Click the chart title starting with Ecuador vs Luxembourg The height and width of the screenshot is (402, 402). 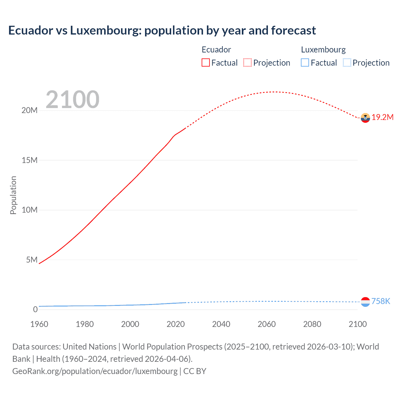coord(162,30)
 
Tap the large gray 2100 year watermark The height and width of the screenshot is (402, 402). coord(73,100)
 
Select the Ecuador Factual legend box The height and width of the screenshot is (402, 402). coord(206,62)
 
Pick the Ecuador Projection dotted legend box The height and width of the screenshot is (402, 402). coord(247,62)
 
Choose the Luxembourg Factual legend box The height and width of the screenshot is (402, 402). coord(305,62)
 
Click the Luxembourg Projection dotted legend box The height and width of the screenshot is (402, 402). coord(347,62)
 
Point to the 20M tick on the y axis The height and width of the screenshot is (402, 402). coord(30,110)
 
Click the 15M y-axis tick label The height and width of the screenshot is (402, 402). coord(30,160)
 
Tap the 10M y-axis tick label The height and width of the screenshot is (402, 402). coord(30,210)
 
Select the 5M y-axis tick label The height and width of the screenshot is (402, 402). coord(32,260)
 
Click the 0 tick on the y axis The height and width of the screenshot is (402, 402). coord(35,309)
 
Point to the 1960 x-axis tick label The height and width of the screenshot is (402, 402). coord(39,324)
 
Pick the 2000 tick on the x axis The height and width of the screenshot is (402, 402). coord(130,324)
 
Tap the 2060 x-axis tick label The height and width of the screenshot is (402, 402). coord(267,324)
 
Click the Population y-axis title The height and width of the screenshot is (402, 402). coord(13,195)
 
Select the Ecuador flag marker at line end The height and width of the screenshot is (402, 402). coord(365,118)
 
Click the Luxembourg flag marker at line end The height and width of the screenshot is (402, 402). coord(365,302)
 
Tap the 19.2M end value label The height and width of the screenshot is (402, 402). coord(383,117)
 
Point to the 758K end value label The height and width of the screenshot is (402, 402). coord(381,301)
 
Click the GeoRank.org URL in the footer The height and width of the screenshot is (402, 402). coord(95,371)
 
